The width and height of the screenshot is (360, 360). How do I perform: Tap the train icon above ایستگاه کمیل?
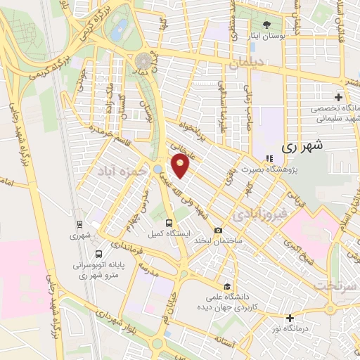coord(167,224)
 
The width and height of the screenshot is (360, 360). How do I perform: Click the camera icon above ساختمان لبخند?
coord(218,231)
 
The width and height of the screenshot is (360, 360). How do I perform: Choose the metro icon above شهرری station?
coord(80,225)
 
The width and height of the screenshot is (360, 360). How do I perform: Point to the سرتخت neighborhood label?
coord(331,286)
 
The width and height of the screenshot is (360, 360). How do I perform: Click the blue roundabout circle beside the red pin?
coord(158,167)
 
